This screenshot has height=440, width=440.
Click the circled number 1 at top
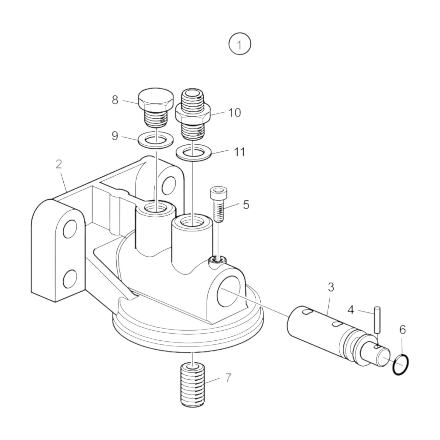tap(240, 44)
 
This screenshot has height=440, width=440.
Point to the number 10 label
tap(234, 113)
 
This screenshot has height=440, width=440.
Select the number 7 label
tap(228, 378)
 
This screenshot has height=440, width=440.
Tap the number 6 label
tap(403, 330)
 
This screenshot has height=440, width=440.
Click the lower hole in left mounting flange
tap(70, 278)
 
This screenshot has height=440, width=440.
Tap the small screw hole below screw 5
tap(217, 259)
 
